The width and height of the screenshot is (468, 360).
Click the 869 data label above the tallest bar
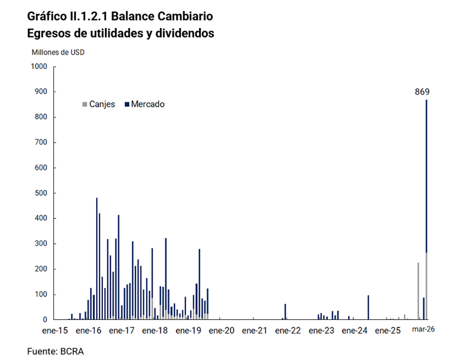pos(422,91)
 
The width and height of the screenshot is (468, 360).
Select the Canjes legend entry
pos(98,104)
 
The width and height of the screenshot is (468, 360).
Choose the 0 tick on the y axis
pos(45,319)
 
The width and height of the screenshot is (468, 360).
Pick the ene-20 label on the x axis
pos(222,331)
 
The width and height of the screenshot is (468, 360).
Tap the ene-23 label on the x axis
pos(322,331)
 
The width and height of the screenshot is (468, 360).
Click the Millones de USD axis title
pos(58,52)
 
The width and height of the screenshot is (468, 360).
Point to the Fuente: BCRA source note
pos(55,350)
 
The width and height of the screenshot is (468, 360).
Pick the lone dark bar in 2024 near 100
pos(368,307)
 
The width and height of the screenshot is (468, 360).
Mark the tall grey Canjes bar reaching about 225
pos(418,290)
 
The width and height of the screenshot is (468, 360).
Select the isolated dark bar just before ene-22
pos(285,311)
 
